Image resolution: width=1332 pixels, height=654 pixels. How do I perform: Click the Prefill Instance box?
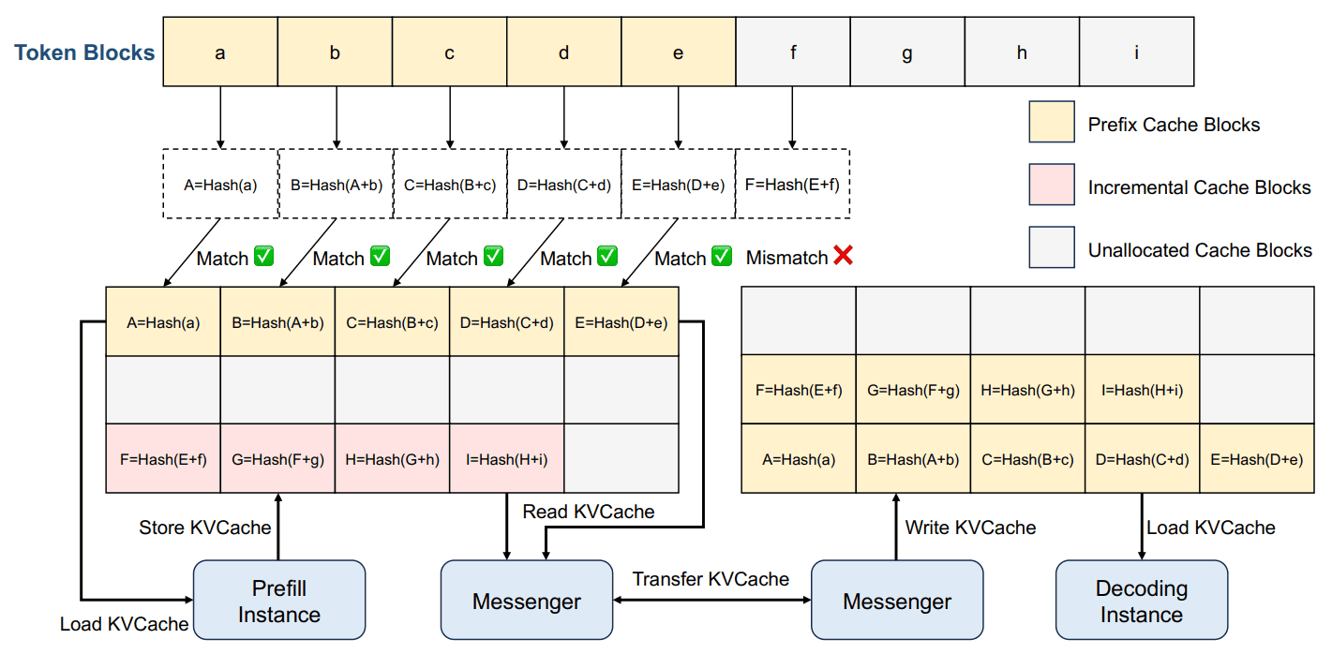click(x=279, y=600)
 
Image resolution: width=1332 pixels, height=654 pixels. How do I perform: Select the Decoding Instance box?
click(x=1142, y=600)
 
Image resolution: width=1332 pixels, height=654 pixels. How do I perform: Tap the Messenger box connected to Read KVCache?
click(x=527, y=600)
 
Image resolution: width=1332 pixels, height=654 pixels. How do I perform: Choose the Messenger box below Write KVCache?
click(x=897, y=600)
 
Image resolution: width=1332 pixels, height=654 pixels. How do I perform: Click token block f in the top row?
click(x=793, y=52)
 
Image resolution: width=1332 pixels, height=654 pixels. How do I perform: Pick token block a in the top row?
click(x=220, y=52)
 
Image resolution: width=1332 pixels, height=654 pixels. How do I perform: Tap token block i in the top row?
click(x=1137, y=52)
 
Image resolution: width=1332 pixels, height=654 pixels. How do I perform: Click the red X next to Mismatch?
click(x=844, y=256)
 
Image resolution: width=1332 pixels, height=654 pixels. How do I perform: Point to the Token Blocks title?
click(x=84, y=52)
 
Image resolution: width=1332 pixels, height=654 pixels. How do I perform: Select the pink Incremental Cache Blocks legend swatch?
click(x=1052, y=185)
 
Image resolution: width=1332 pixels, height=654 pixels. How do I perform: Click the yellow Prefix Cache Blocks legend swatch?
click(x=1052, y=122)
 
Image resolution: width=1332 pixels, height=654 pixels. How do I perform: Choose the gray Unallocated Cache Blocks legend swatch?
click(x=1052, y=247)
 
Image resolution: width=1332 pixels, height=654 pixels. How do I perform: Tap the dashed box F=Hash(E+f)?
click(x=793, y=185)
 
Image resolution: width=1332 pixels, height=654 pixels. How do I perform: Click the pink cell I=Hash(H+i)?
click(x=506, y=458)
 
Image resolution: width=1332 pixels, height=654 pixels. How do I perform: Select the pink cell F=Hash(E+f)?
click(x=163, y=458)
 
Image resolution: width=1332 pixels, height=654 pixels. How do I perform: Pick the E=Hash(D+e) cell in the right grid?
click(x=1257, y=458)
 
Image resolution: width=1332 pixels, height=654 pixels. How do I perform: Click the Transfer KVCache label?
click(x=711, y=579)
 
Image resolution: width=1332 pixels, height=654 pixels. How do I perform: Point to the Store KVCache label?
click(x=205, y=528)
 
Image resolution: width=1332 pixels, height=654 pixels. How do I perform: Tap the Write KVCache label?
click(x=970, y=528)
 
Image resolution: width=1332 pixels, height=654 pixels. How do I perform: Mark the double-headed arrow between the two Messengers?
click(x=712, y=600)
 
